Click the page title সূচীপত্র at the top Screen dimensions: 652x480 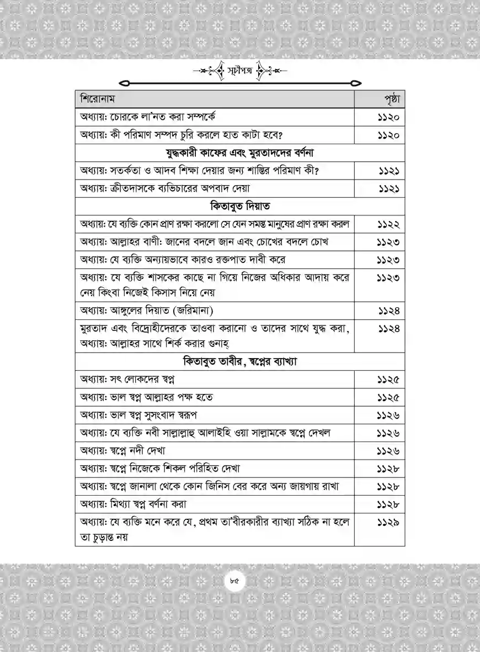(239, 71)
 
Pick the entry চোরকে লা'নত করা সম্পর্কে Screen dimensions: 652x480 (150, 117)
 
